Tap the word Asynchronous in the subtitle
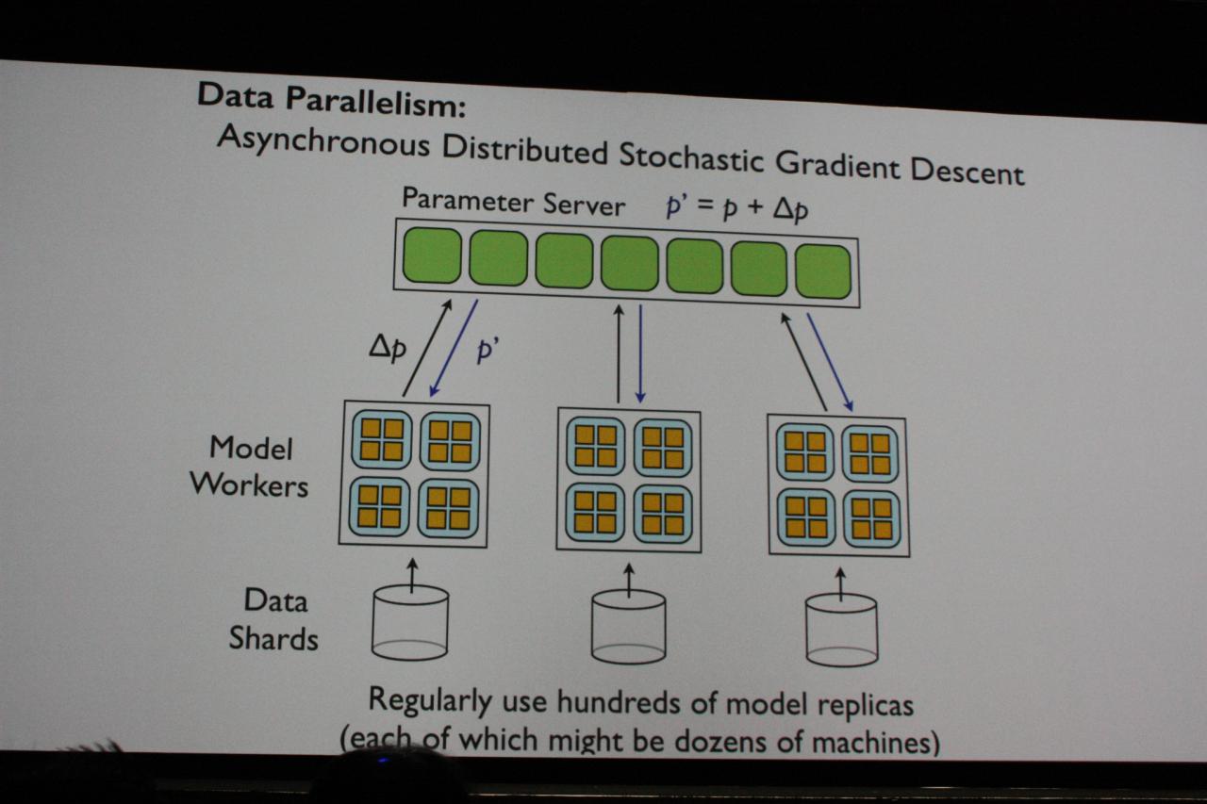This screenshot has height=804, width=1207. (323, 141)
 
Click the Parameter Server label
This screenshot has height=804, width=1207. (513, 202)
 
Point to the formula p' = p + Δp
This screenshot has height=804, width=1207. (736, 207)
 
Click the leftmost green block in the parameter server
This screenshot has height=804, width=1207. (432, 254)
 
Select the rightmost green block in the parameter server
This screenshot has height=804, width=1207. (823, 271)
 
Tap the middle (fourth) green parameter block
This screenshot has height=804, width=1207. (629, 263)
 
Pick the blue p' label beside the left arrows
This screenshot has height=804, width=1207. (488, 351)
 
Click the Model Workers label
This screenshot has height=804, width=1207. (249, 467)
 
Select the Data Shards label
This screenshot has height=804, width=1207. (273, 619)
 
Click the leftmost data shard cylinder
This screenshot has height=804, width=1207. (410, 623)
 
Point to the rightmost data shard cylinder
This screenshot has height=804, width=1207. (842, 631)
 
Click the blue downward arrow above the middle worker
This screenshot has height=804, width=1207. (640, 353)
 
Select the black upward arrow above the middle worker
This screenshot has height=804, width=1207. (619, 353)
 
